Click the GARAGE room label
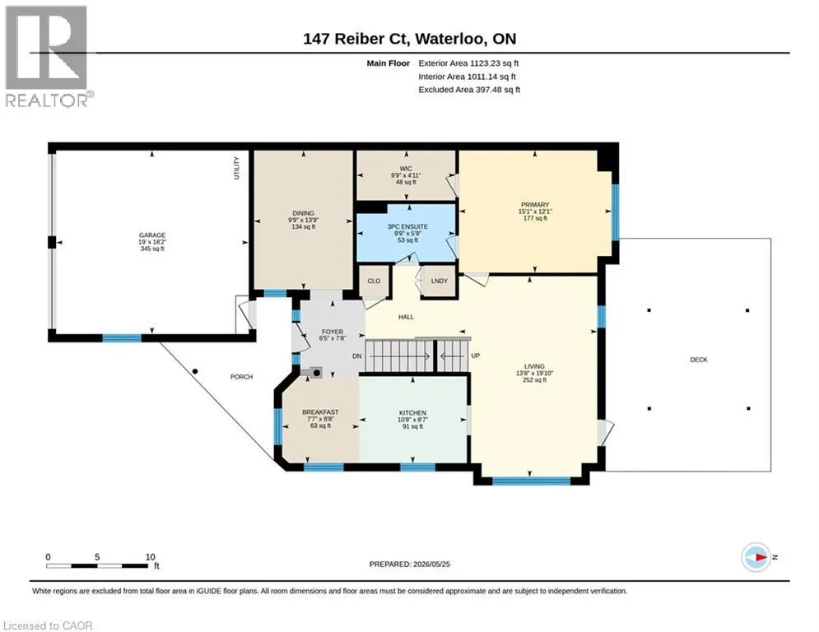tap(152, 235)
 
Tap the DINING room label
tap(303, 213)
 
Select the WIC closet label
tap(406, 169)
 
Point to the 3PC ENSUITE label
tap(407, 226)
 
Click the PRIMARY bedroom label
tap(535, 205)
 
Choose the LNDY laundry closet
tap(440, 281)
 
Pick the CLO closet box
tap(374, 281)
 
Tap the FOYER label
tap(333, 332)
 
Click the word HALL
tap(406, 317)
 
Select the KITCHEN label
tap(412, 412)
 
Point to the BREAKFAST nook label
tap(320, 412)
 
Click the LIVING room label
tap(534, 366)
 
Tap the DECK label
tap(699, 360)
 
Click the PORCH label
tap(241, 377)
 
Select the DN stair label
tap(356, 356)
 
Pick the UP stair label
tap(475, 355)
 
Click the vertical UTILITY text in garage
tap(236, 168)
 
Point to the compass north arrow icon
tap(756, 557)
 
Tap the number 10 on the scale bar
tap(151, 557)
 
